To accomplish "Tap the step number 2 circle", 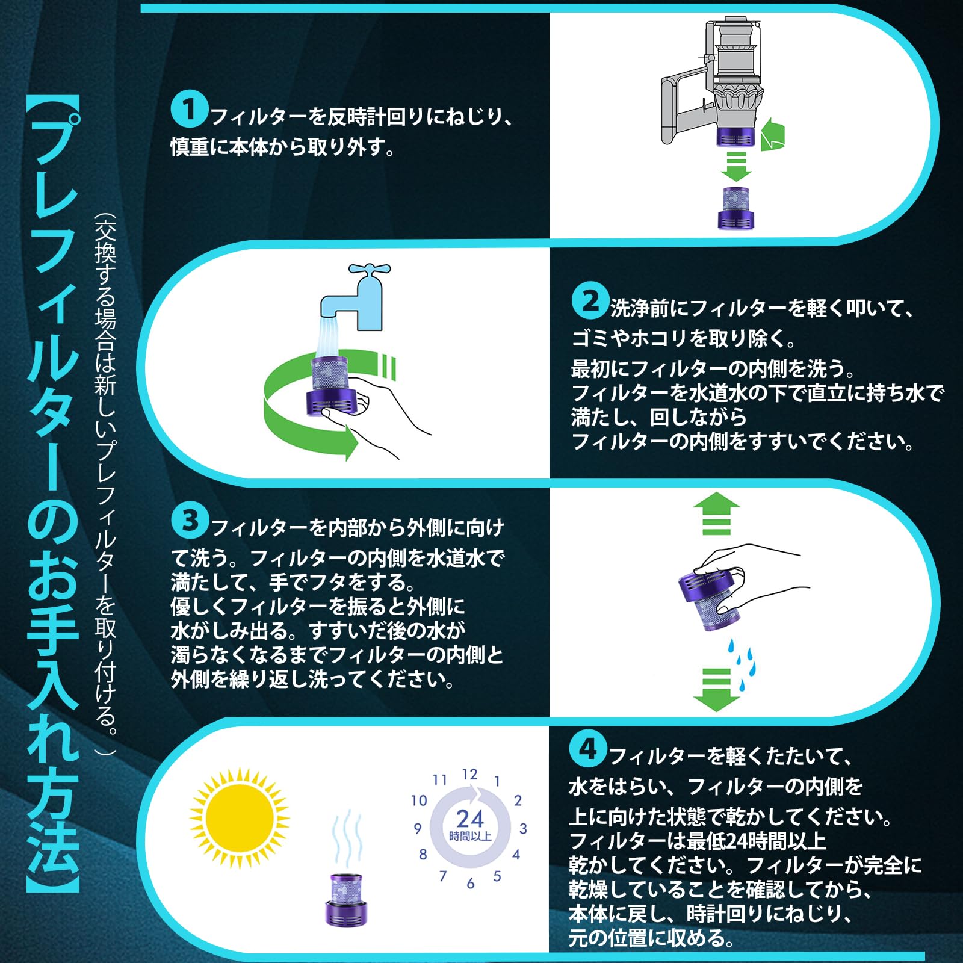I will pos(590,301).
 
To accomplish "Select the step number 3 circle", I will pos(190,521).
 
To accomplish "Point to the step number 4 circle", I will pos(587,749).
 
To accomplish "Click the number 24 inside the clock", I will pos(470,819).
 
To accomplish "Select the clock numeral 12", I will pos(470,775).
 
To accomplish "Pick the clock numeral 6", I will pos(471,884).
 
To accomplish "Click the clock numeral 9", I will pos(418,829).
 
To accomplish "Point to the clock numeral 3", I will pos(523,829).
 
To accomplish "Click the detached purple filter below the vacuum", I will pos(735,208).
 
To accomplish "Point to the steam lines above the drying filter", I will pos(348,840).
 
